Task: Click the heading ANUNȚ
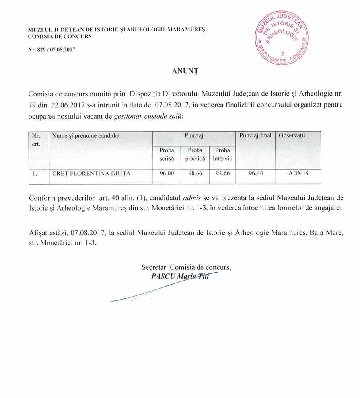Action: pos(180,72)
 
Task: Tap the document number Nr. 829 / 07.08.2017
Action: pos(52,50)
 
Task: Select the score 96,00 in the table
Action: pos(167,174)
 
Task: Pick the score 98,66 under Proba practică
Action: pos(195,174)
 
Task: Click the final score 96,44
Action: pos(255,174)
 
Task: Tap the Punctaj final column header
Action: pos(255,135)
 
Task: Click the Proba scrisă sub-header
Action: pos(167,154)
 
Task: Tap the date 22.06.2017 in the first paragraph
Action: pos(66,105)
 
